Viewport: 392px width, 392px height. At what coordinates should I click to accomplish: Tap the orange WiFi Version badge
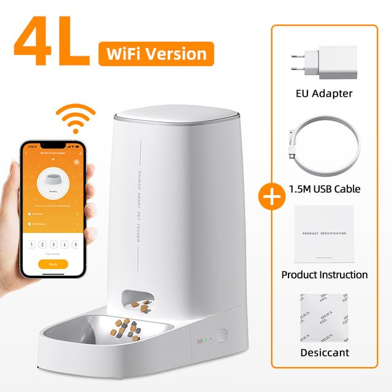pyautogui.click(x=156, y=54)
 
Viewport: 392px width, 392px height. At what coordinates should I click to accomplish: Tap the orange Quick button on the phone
pyautogui.click(x=53, y=264)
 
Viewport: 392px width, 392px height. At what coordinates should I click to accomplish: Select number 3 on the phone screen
pyautogui.click(x=53, y=244)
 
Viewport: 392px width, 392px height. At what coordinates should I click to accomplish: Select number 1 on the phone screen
pyautogui.click(x=32, y=244)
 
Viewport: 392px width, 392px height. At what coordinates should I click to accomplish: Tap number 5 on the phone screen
pyautogui.click(x=75, y=244)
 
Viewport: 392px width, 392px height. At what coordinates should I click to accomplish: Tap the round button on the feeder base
pyautogui.click(x=222, y=336)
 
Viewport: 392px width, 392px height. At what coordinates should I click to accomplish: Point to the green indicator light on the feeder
pyautogui.click(x=206, y=339)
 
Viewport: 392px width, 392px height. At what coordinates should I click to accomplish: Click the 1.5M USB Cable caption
pyautogui.click(x=324, y=189)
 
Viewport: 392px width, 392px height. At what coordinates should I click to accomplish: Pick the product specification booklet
pyautogui.click(x=324, y=233)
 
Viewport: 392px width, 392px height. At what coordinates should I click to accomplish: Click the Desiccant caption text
pyautogui.click(x=324, y=353)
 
